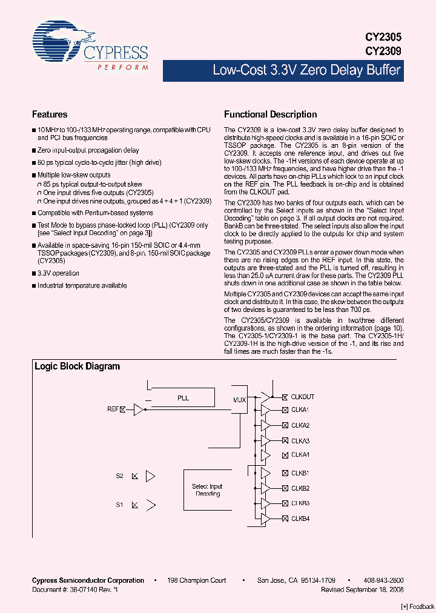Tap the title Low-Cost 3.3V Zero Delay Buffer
point(306,70)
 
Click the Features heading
point(50,114)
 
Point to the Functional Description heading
point(270,114)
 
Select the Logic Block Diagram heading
point(77,366)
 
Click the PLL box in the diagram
point(183,398)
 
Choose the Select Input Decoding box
point(207,490)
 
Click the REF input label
point(112,409)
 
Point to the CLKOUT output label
point(302,397)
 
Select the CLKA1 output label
point(300,410)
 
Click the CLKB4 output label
point(300,519)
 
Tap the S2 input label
point(120,476)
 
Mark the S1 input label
point(120,504)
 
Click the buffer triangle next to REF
point(139,410)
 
